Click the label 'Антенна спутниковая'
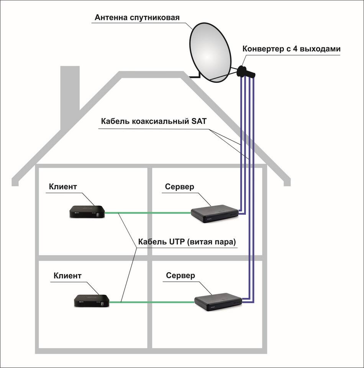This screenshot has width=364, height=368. click(137, 18)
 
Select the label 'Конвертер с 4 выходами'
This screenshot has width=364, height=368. click(291, 49)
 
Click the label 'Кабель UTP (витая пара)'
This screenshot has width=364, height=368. click(186, 242)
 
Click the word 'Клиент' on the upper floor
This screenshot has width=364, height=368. click(63, 187)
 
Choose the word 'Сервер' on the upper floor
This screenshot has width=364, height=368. click(180, 187)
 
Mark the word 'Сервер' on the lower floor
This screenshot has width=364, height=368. click(180, 276)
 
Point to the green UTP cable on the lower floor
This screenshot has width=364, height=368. click(153, 302)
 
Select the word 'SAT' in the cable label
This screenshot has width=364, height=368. click(198, 122)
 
